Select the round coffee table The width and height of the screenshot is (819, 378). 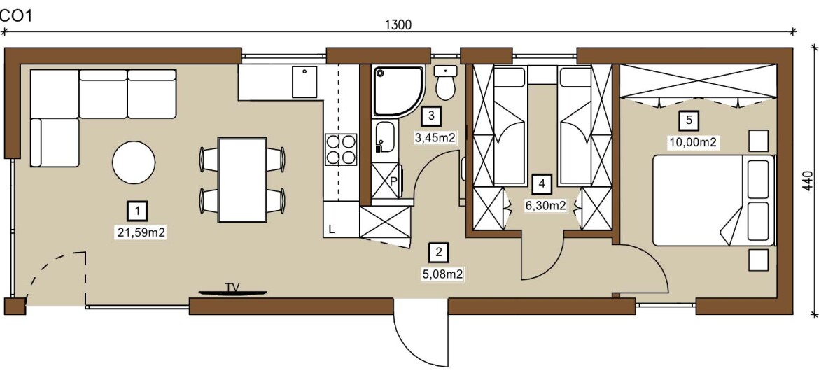pos(134,162)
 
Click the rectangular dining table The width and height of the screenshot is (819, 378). pos(242,180)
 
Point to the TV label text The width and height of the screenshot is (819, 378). pos(232,287)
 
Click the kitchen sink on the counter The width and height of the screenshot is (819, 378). pos(304,82)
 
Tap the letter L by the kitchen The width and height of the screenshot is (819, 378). pos(332,229)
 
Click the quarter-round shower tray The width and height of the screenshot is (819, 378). pos(398,92)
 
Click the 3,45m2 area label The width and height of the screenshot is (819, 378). pos(431,138)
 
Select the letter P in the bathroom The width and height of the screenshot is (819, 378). pos(394,181)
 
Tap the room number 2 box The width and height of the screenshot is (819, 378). pos(438,253)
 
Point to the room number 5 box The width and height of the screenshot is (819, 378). pos(688,120)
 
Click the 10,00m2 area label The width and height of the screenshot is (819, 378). pos(692,143)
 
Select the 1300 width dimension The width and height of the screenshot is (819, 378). pos(398,24)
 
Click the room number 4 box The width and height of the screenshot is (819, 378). pos(542,184)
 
